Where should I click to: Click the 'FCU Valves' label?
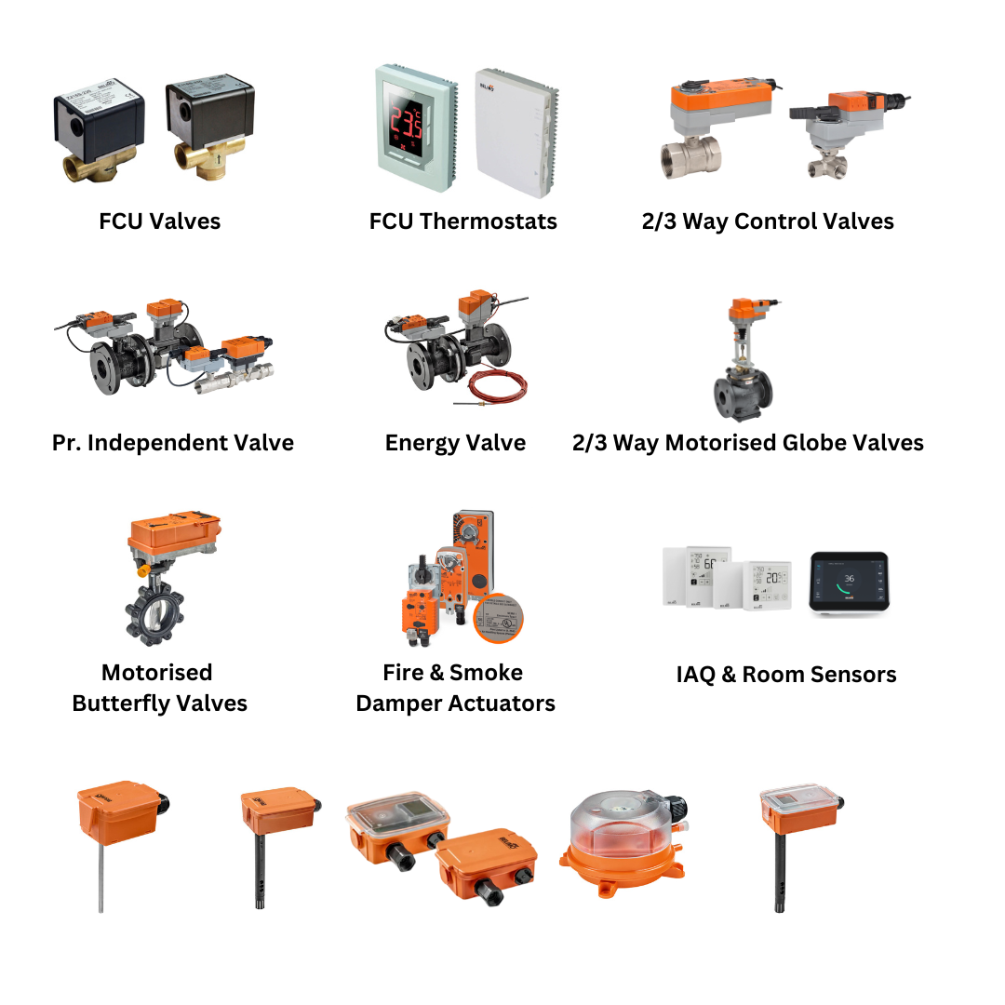[x=159, y=221]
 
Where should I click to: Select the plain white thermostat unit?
[x=516, y=131]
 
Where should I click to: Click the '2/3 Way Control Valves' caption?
[x=767, y=221]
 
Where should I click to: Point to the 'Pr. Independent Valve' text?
[x=173, y=443]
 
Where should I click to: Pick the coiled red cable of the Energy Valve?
[x=499, y=385]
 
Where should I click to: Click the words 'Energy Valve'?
[x=455, y=443]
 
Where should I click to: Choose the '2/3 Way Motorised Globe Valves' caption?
[x=747, y=443]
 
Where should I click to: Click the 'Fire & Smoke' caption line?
[x=453, y=673]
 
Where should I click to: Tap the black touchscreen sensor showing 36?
[x=848, y=583]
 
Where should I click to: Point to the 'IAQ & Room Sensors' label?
[x=786, y=675]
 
